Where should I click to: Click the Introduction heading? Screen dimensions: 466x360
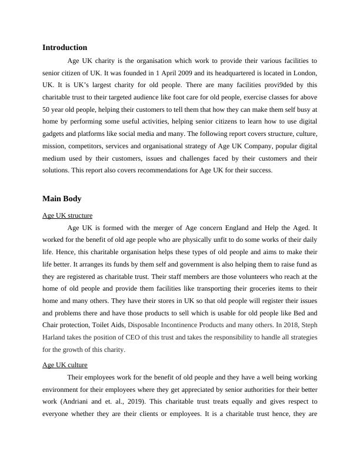65,47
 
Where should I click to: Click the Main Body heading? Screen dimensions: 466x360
62,199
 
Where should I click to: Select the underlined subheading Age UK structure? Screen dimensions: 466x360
67,215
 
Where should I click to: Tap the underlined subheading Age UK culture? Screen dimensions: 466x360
65,365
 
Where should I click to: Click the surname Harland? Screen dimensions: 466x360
55,337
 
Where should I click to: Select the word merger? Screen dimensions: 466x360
152,227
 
